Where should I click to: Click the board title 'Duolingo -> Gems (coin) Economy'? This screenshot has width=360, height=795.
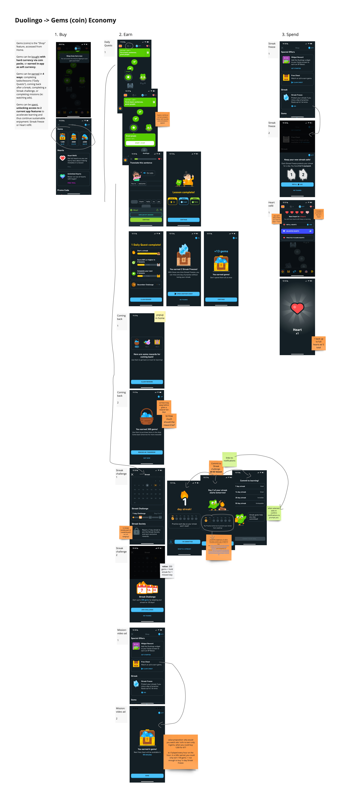(65, 20)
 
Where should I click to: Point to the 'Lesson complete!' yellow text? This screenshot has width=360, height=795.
(184, 192)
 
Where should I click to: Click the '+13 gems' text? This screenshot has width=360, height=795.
(221, 251)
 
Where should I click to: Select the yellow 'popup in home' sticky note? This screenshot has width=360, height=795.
(160, 317)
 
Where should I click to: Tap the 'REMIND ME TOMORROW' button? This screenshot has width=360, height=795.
(147, 452)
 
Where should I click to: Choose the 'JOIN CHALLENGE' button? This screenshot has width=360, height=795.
(147, 610)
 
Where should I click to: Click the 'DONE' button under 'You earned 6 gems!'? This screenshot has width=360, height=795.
(147, 775)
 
